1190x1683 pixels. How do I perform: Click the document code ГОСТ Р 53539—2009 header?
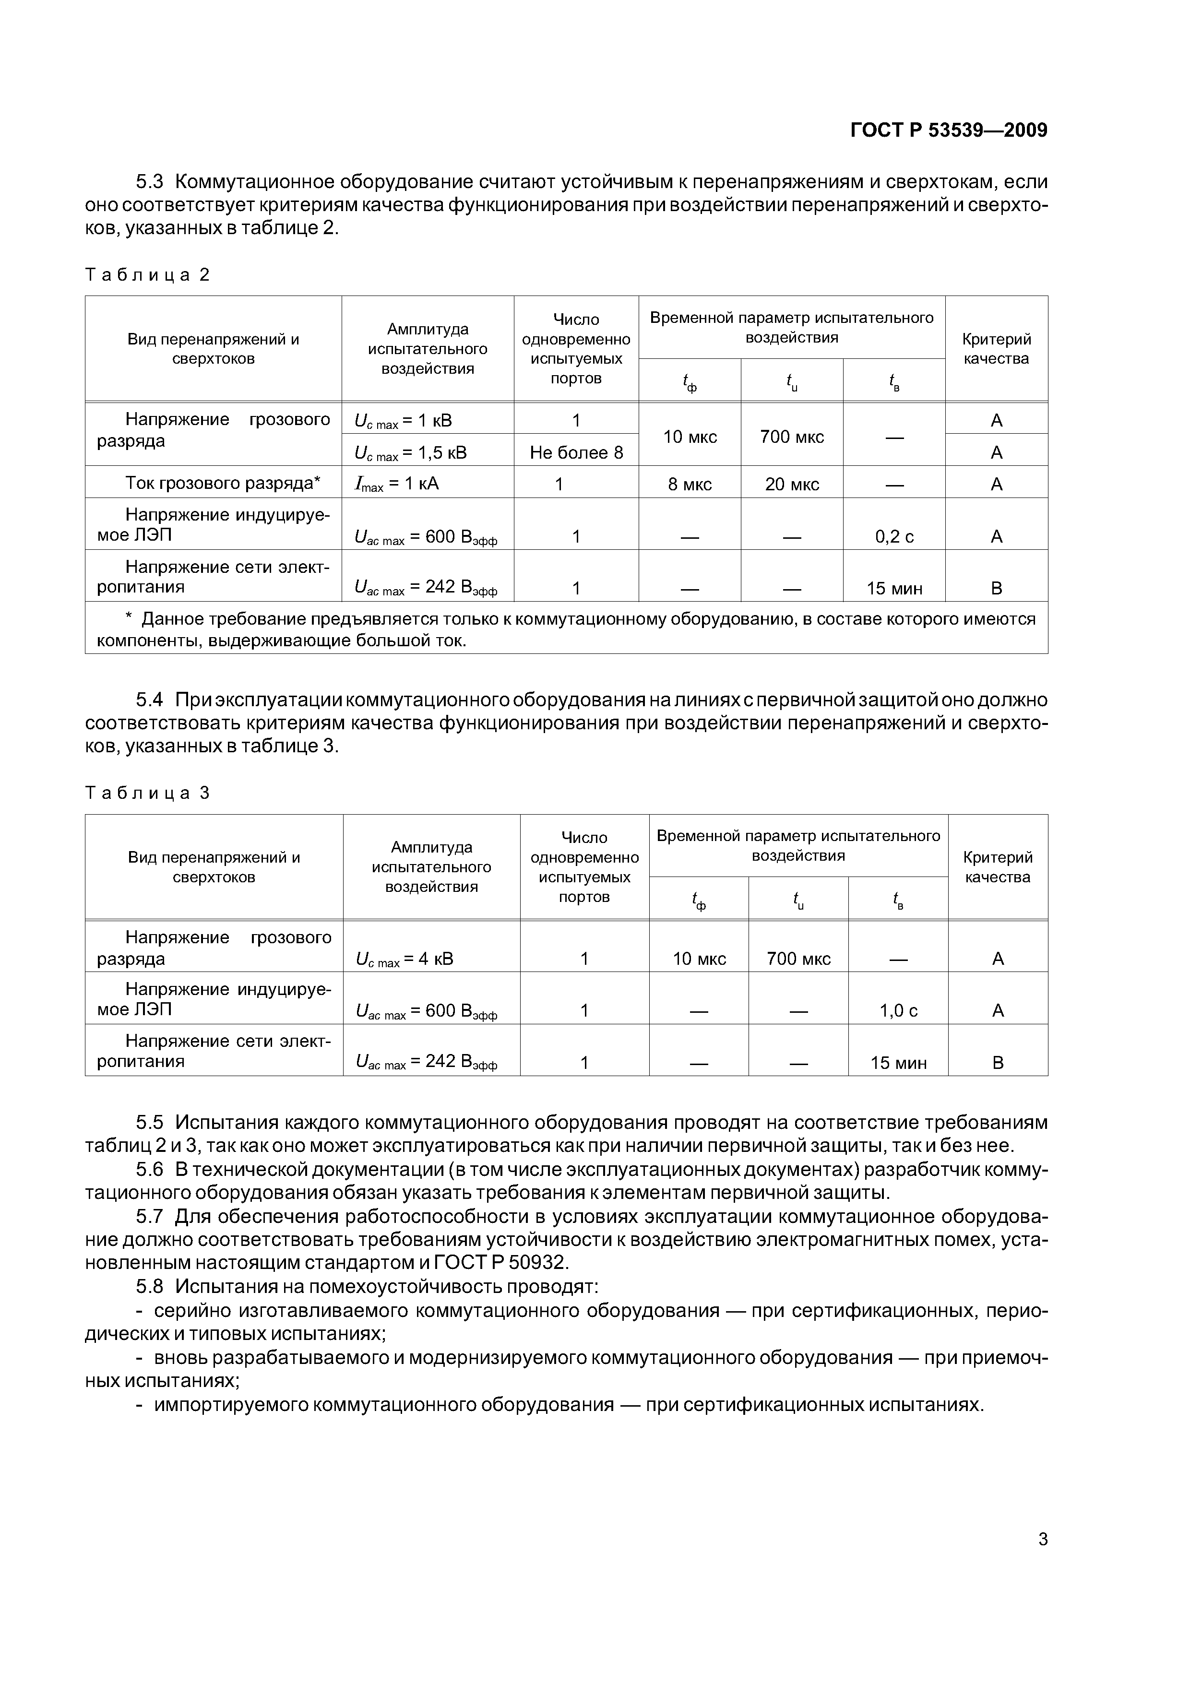[x=948, y=130]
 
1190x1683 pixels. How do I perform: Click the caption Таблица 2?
[x=147, y=275]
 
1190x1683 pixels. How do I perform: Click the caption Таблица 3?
[x=147, y=793]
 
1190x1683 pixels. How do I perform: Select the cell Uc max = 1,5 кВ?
[x=411, y=453]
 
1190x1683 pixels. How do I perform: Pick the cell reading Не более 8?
[x=576, y=453]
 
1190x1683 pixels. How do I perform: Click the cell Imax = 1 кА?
[x=397, y=484]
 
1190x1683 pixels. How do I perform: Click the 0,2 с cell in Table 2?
[x=894, y=536]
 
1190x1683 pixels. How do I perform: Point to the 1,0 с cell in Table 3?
[x=898, y=1011]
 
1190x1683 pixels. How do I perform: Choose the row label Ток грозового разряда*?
[x=223, y=483]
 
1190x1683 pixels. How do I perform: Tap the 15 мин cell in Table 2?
[x=894, y=589]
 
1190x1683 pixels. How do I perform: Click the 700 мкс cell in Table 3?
[x=798, y=959]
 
